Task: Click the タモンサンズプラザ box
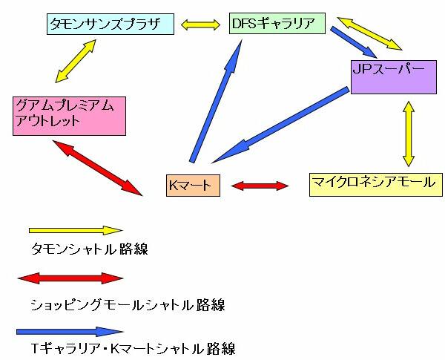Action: pos(109,24)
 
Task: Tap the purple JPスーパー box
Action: pos(392,76)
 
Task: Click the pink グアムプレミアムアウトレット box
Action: pos(69,114)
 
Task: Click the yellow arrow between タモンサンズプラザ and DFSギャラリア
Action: pos(201,24)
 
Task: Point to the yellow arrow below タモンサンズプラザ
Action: pos(75,61)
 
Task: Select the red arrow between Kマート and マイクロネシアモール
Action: pos(259,185)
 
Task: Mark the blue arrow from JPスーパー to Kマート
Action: pos(280,124)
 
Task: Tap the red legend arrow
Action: pos(70,279)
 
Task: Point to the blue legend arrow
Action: pos(70,330)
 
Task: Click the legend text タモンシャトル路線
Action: pos(90,249)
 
